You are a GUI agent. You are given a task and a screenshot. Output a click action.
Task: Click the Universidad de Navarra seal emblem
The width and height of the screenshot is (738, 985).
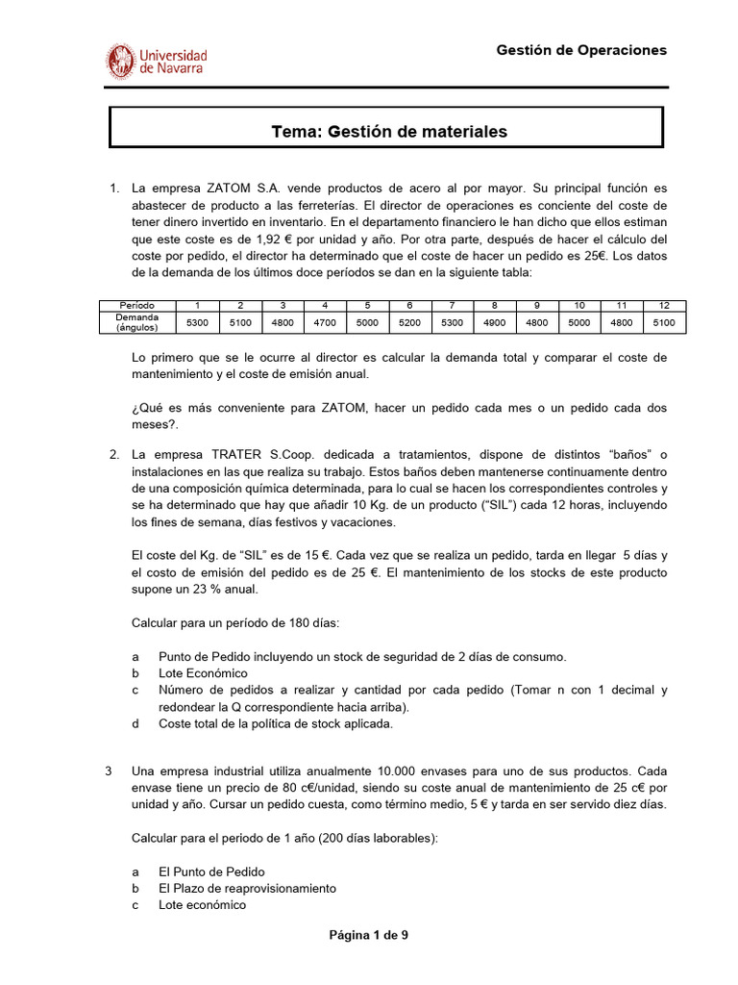click(121, 61)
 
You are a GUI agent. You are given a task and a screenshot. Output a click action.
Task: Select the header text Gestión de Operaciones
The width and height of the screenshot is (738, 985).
click(580, 50)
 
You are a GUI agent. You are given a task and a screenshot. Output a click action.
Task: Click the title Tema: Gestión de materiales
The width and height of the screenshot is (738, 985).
click(389, 132)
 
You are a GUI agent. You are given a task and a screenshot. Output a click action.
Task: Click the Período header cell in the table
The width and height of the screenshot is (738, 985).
click(136, 306)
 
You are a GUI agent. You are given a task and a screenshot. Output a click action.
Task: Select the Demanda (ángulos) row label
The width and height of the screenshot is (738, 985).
click(136, 322)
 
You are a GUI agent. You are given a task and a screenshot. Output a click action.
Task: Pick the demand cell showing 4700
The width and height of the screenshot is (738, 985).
click(325, 322)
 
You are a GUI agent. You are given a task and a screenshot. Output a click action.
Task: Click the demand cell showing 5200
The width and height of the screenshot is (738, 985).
click(409, 322)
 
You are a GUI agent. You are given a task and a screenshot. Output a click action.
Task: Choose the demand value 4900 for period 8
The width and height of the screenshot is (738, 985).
click(494, 322)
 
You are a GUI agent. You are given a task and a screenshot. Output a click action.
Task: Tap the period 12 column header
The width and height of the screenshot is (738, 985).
click(664, 306)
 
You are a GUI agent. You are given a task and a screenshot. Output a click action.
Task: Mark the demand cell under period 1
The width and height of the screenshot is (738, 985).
click(198, 322)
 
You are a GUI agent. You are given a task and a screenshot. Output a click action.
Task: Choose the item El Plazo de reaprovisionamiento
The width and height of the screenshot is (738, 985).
click(247, 888)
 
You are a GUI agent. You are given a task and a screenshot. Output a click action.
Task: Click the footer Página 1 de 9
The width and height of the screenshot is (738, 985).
click(369, 934)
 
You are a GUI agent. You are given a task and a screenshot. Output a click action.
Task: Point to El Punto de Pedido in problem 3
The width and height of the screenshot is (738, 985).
click(211, 871)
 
